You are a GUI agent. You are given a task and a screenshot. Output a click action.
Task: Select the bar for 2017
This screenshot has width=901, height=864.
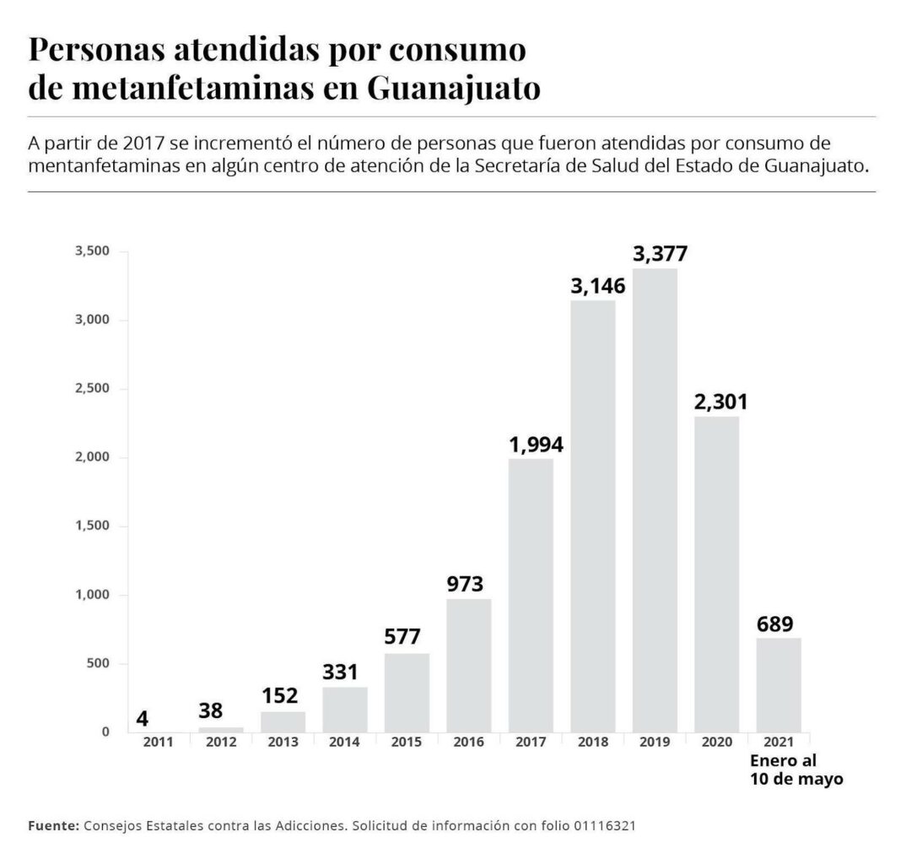click(x=531, y=595)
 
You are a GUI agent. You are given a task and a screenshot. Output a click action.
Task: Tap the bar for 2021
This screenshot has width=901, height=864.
click(x=779, y=684)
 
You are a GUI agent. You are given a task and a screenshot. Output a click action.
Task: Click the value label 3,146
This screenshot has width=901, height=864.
click(x=597, y=286)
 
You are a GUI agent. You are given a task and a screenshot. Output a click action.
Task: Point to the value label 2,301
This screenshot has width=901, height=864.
click(x=720, y=402)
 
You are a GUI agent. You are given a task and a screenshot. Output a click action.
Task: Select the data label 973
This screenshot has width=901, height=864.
click(x=468, y=584)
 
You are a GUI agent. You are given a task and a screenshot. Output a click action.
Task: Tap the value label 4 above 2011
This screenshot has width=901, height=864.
click(x=143, y=720)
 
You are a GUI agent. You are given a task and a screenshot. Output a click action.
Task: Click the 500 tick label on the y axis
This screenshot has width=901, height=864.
click(x=100, y=663)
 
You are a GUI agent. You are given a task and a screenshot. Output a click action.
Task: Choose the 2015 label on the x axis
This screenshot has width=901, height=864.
click(x=407, y=742)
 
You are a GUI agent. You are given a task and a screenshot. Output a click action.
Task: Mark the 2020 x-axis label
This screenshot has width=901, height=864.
click(x=716, y=742)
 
